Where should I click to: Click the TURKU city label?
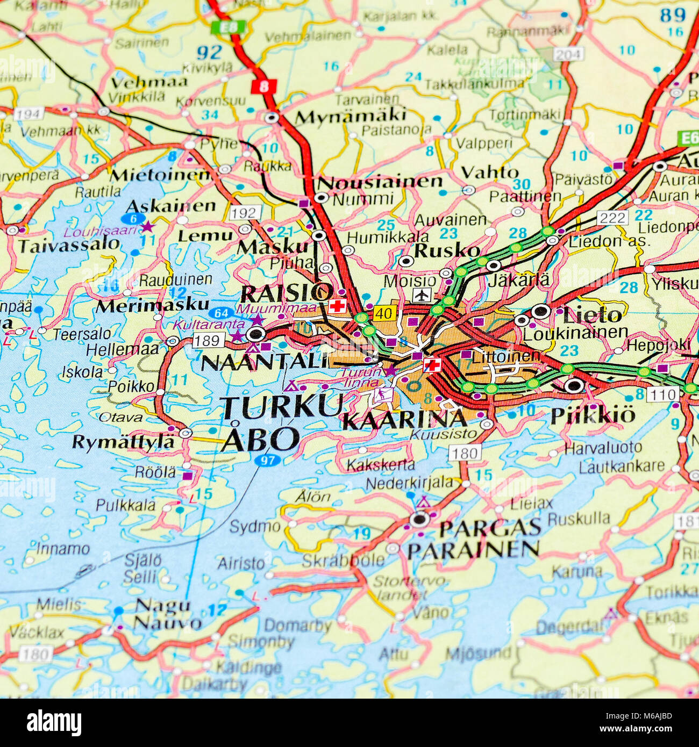[x=282, y=407]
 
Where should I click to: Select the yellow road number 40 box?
[x=384, y=313]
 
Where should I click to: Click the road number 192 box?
[x=245, y=213]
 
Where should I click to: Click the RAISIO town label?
[x=286, y=293]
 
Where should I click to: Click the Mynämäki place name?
[x=351, y=116]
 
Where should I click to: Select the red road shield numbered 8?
[x=263, y=86]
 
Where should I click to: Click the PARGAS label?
[x=490, y=528]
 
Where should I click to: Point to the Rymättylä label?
[x=123, y=442]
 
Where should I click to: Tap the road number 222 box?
[x=612, y=218]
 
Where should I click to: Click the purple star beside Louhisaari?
[x=147, y=227]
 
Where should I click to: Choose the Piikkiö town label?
[x=593, y=415]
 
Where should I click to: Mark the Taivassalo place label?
[x=69, y=245]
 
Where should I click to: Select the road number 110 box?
[x=662, y=394]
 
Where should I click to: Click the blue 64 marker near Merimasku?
[x=221, y=313]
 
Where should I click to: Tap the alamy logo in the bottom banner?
[x=54, y=723]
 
